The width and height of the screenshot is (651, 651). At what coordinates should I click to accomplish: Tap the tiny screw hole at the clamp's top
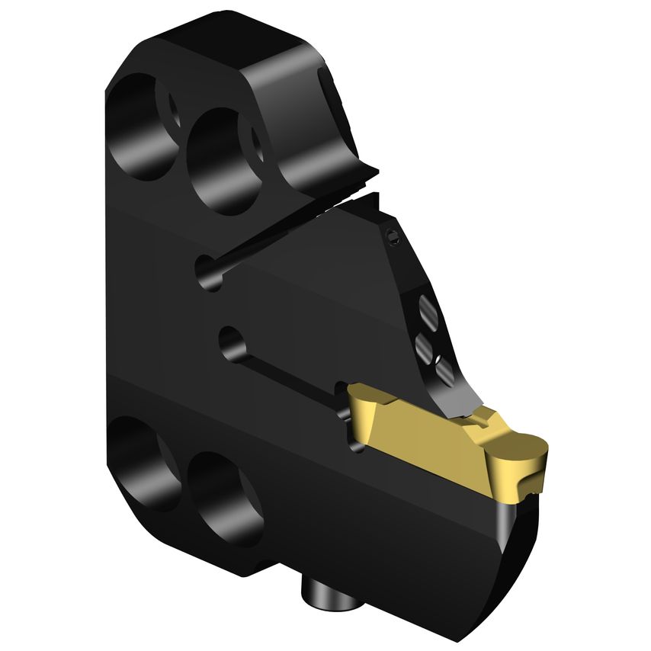[x=393, y=238]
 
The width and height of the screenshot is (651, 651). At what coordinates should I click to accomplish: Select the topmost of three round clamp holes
[x=428, y=310]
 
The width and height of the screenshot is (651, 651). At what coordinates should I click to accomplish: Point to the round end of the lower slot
[x=228, y=340]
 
